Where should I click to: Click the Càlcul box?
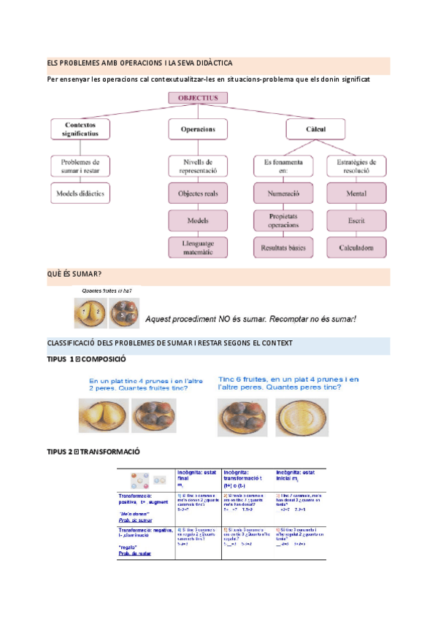(x=316, y=129)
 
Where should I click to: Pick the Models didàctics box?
(x=81, y=193)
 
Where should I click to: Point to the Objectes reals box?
(x=198, y=193)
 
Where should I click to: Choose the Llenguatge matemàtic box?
(x=198, y=247)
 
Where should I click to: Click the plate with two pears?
(x=104, y=417)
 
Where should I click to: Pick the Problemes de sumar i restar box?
(x=80, y=166)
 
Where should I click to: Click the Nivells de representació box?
(x=198, y=166)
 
